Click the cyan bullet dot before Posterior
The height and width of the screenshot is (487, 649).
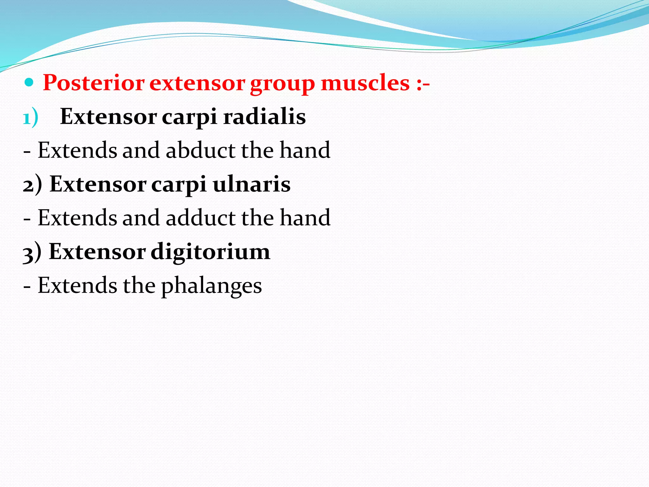click(x=29, y=83)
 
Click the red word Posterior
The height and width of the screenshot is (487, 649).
click(x=93, y=83)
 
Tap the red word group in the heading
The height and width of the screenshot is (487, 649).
click(x=282, y=84)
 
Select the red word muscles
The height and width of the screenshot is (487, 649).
click(x=365, y=83)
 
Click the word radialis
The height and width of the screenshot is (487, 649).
click(x=264, y=116)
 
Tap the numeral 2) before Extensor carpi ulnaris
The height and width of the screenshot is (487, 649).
click(x=32, y=185)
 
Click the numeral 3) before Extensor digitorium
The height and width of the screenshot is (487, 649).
click(x=32, y=252)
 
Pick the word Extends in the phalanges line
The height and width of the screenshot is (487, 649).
click(x=77, y=285)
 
